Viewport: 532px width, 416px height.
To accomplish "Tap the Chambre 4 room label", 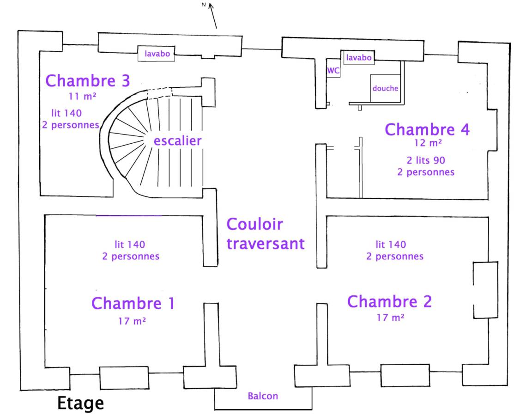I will (x=427, y=129).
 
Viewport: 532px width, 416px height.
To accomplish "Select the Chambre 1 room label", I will (x=133, y=304).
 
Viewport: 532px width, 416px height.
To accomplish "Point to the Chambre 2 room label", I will (x=389, y=301).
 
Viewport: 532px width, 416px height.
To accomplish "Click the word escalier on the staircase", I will (x=178, y=141).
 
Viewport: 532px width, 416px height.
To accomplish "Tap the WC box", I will (x=333, y=71).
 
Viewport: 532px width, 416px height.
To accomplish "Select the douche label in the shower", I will (x=385, y=88).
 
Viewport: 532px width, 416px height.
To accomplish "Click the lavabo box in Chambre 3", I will (x=157, y=54).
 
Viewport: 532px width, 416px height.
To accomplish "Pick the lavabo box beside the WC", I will (x=359, y=58).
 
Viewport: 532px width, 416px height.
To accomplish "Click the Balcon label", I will (x=263, y=396).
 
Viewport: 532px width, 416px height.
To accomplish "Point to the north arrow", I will (x=212, y=14).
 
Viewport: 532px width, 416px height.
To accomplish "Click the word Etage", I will (x=80, y=404).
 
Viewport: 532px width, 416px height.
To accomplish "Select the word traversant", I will (x=266, y=244).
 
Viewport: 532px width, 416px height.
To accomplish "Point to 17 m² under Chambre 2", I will (x=391, y=318).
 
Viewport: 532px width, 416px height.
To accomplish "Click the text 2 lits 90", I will (x=426, y=161).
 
